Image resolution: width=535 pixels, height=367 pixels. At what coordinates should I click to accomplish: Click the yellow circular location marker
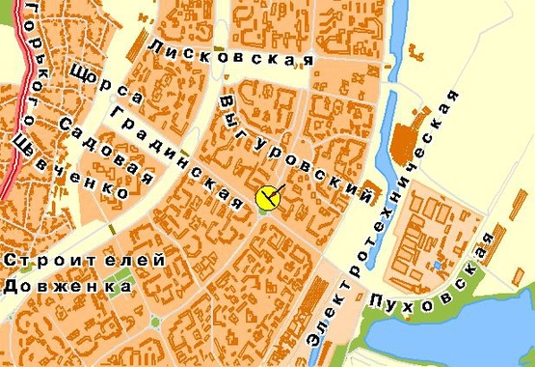(267, 199)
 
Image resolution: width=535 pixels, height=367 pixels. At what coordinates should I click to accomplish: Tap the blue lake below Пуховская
(453, 333)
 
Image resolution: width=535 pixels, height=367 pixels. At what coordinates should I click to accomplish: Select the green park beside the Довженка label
(118, 286)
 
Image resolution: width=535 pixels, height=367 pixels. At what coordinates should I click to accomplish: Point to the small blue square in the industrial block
(438, 264)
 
